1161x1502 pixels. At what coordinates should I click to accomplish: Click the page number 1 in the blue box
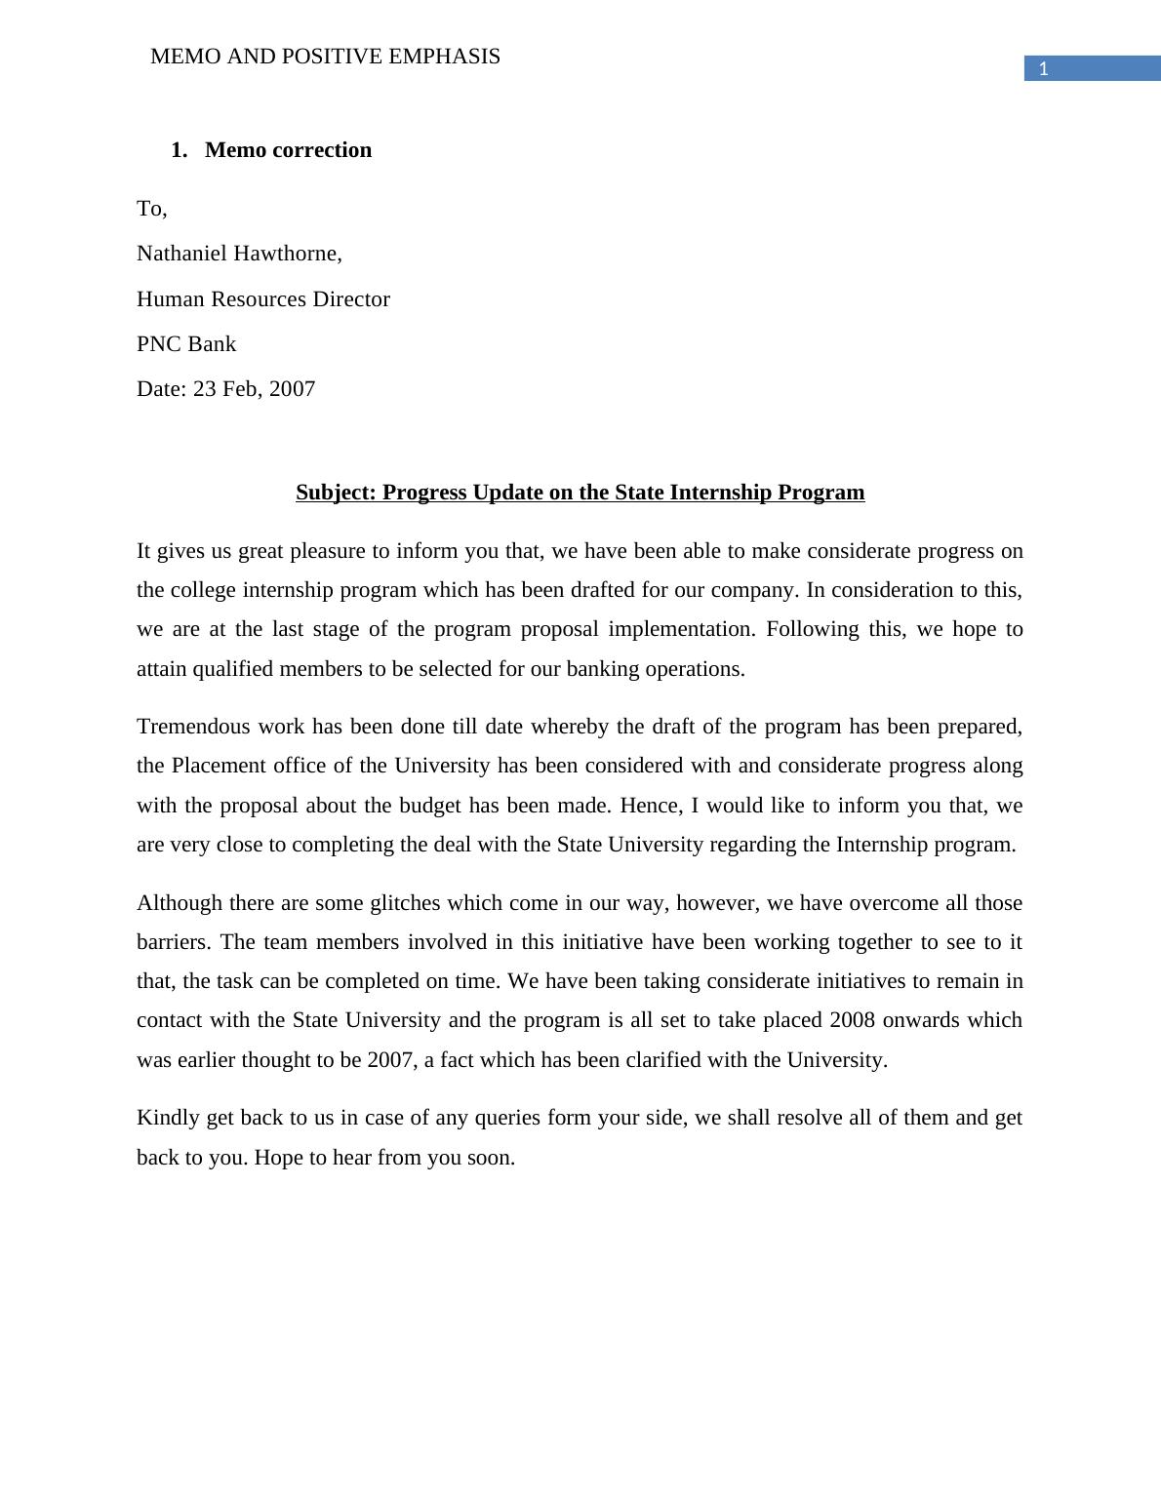pos(1043,68)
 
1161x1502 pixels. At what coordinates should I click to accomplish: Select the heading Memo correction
pos(288,150)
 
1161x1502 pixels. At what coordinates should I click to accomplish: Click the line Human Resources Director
pos(262,299)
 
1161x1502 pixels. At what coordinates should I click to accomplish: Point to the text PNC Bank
pos(186,344)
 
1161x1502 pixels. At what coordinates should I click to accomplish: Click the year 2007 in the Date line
pos(292,389)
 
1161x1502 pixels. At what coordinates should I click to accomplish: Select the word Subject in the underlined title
pos(334,493)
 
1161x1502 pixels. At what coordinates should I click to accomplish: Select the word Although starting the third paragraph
pos(180,903)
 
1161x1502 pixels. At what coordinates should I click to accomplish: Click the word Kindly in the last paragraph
pos(168,1118)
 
